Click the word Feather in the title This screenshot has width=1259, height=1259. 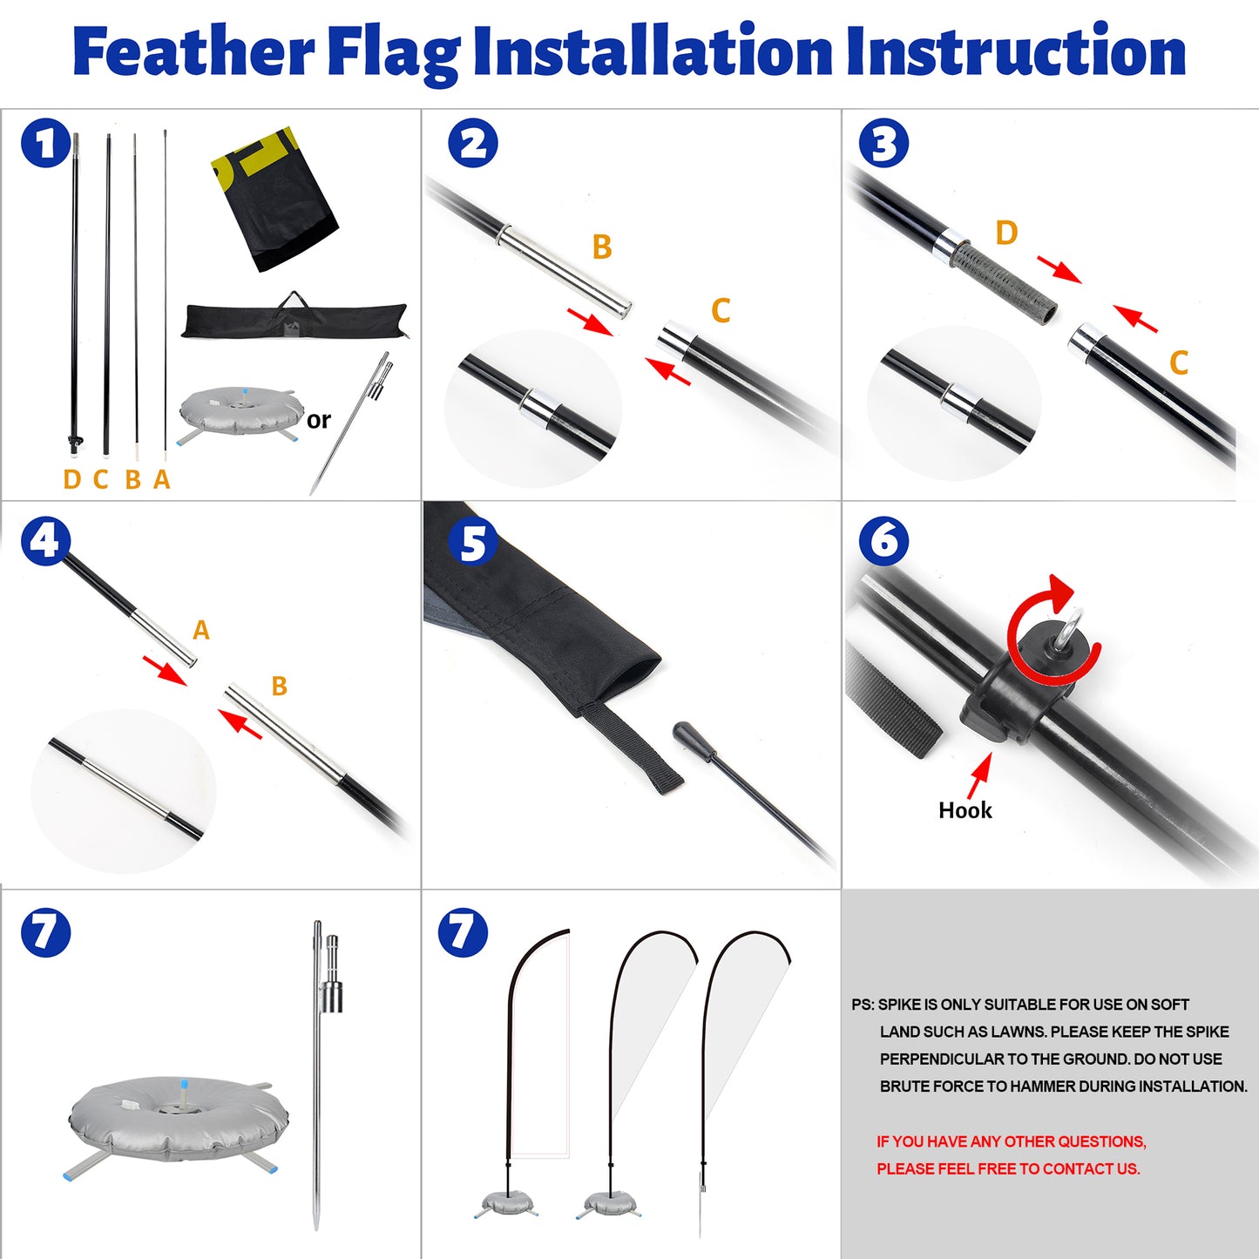click(193, 52)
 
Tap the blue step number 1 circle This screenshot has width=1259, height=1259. click(45, 144)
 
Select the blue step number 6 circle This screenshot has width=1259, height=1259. click(883, 540)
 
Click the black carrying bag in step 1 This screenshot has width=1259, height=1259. click(294, 320)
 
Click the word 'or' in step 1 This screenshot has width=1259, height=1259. click(319, 420)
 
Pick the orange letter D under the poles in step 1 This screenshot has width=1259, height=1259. click(72, 479)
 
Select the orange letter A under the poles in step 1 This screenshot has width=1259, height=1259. click(162, 479)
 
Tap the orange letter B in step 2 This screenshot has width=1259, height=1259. click(602, 247)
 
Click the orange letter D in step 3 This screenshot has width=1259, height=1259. click(1006, 234)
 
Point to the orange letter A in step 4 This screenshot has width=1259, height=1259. click(201, 630)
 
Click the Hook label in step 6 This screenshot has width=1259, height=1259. click(965, 810)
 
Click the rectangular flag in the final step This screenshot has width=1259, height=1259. click(540, 1046)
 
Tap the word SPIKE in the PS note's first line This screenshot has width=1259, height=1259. click(898, 1005)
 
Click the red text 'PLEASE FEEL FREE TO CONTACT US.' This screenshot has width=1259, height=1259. click(1008, 1168)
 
